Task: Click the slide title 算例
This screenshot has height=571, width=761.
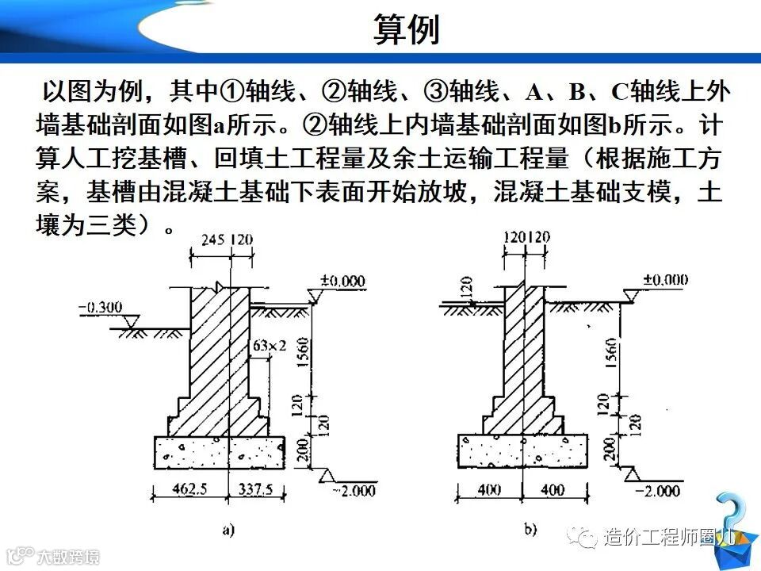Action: click(405, 31)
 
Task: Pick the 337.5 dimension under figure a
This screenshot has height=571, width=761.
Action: click(256, 489)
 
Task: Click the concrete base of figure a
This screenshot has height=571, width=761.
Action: click(218, 452)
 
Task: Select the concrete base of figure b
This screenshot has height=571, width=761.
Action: click(524, 452)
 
